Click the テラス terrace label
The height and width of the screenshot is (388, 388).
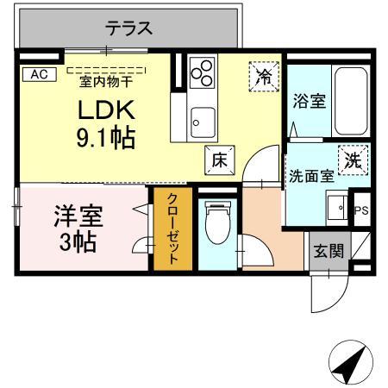(x=129, y=28)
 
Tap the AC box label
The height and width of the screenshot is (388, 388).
(x=38, y=74)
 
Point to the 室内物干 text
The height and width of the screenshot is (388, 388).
(x=107, y=81)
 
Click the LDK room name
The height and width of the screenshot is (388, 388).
(x=108, y=111)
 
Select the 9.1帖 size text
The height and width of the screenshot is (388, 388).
(x=107, y=138)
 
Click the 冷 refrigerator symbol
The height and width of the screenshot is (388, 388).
(x=264, y=76)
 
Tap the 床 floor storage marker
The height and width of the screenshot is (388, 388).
(x=218, y=160)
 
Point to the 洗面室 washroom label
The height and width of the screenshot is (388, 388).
(x=310, y=176)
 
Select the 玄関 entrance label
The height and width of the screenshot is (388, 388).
(x=328, y=252)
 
